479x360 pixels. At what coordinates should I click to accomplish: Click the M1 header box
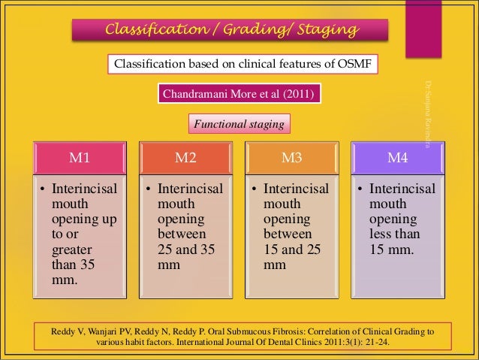pyautogui.click(x=80, y=159)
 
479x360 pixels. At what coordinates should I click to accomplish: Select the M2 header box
pyautogui.click(x=185, y=159)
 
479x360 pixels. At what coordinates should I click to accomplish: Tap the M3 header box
pyautogui.click(x=291, y=159)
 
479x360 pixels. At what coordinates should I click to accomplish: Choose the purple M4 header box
pyautogui.click(x=397, y=159)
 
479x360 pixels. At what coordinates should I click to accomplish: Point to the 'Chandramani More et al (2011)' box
pyautogui.click(x=239, y=94)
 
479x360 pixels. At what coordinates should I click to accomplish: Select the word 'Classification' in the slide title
pyautogui.click(x=149, y=30)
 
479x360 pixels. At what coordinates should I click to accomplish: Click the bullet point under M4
pyautogui.click(x=360, y=189)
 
